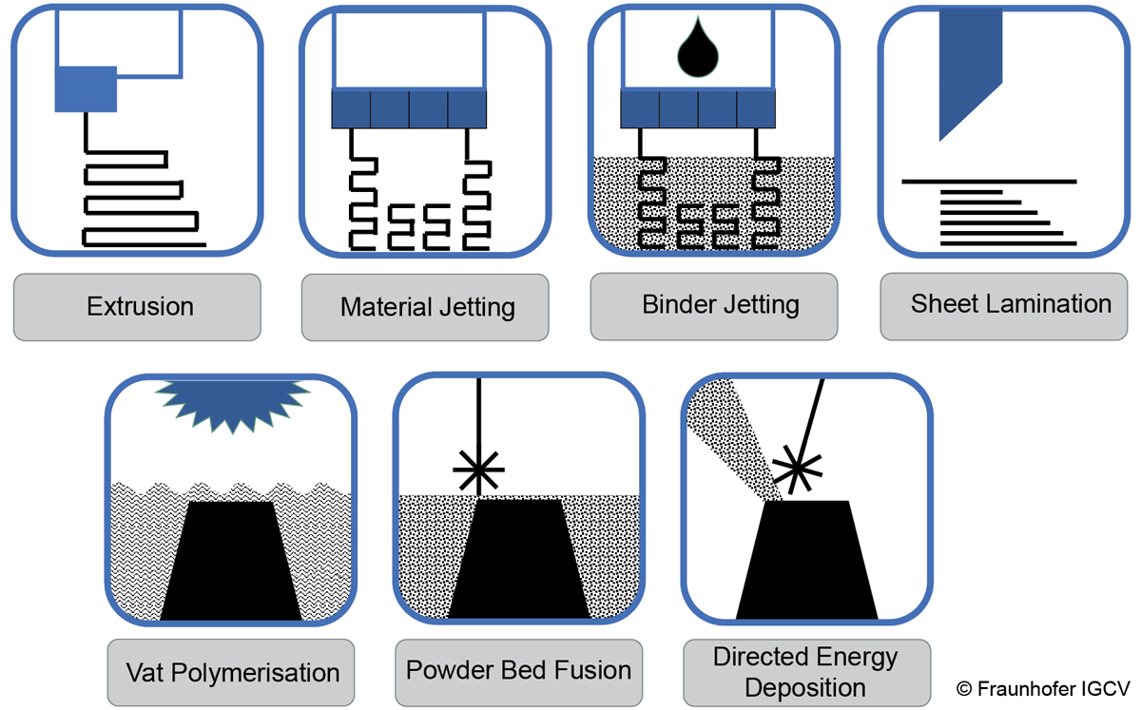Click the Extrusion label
point(139,307)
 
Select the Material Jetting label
point(427,308)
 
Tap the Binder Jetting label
point(720,305)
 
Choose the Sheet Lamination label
point(1010,304)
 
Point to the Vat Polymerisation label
point(232,673)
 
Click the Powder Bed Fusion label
point(518,670)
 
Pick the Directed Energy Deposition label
point(805,671)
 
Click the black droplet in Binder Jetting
point(699,48)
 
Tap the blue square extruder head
point(86,89)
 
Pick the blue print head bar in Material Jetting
point(409,109)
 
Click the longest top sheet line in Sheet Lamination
point(988,181)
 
